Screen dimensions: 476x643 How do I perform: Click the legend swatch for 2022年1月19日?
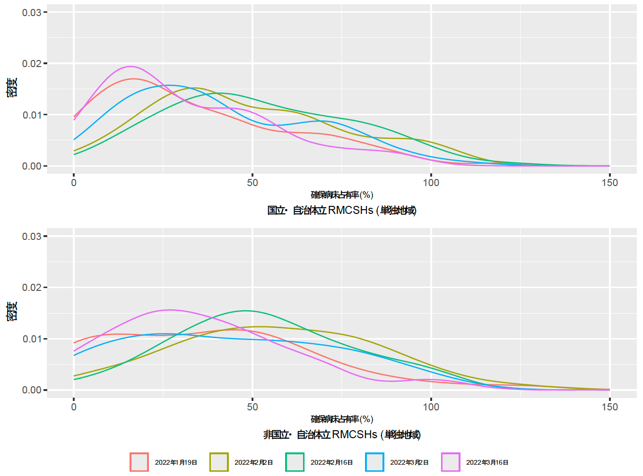(x=139, y=462)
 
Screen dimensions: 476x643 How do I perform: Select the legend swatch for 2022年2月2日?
(x=219, y=462)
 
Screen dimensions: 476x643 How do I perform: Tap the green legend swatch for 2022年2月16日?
(x=295, y=462)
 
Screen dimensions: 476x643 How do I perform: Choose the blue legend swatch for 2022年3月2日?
(x=374, y=462)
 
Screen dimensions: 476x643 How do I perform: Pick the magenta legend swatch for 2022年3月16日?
(x=451, y=462)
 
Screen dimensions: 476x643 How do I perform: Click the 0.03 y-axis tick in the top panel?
(x=32, y=12)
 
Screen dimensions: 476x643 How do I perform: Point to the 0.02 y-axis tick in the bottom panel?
(x=32, y=288)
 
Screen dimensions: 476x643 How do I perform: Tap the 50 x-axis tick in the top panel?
(x=252, y=183)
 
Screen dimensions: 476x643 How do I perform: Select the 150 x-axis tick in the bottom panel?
(x=609, y=407)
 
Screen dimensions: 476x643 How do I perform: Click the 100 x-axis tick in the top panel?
(x=431, y=183)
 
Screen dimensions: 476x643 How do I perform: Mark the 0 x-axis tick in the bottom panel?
(x=74, y=407)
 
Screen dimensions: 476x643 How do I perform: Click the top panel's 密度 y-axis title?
(x=12, y=88)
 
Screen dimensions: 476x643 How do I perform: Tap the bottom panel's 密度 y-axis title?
(x=12, y=312)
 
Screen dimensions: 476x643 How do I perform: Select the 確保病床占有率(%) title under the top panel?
(x=342, y=195)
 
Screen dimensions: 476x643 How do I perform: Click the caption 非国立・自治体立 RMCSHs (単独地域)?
(x=342, y=434)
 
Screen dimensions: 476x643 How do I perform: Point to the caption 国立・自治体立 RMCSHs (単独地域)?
(x=342, y=211)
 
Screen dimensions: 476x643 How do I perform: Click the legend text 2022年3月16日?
(x=487, y=462)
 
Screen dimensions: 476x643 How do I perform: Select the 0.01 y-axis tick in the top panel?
(x=32, y=115)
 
